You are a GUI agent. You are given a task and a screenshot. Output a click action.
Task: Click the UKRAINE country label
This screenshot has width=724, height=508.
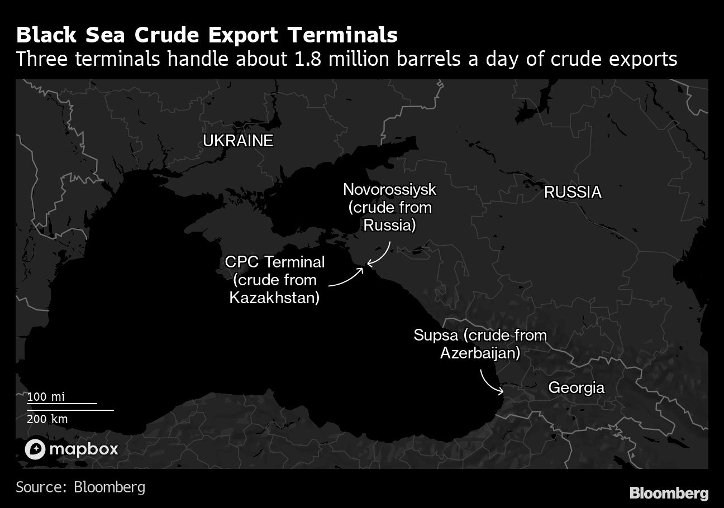click(x=237, y=141)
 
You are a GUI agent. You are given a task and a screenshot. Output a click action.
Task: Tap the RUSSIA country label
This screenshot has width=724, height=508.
click(x=573, y=192)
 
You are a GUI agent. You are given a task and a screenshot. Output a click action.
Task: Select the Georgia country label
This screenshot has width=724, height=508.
click(x=576, y=387)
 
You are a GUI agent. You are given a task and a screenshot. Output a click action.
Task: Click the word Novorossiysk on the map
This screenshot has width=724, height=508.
click(x=389, y=189)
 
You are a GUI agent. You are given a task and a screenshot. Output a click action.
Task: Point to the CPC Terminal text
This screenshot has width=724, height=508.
click(x=274, y=261)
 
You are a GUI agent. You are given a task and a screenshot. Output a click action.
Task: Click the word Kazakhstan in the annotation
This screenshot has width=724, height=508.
click(x=274, y=298)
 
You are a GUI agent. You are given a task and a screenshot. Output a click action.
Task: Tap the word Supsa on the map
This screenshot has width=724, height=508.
click(x=436, y=335)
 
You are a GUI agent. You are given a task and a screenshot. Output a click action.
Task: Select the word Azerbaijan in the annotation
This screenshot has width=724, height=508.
click(x=480, y=353)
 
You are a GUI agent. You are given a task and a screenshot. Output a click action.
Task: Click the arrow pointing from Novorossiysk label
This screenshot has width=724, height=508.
click(x=381, y=255)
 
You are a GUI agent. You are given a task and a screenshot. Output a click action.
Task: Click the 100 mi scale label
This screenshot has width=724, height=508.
click(x=46, y=397)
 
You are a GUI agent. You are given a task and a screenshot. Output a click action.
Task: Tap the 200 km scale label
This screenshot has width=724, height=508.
click(x=47, y=419)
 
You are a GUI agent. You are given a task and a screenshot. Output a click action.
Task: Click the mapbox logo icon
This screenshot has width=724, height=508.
click(x=35, y=449)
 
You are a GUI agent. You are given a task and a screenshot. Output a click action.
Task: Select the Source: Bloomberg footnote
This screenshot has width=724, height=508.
click(x=80, y=487)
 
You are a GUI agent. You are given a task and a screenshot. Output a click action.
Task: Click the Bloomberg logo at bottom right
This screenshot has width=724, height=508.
click(x=669, y=493)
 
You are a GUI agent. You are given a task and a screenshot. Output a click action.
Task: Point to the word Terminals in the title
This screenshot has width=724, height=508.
click(x=342, y=35)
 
